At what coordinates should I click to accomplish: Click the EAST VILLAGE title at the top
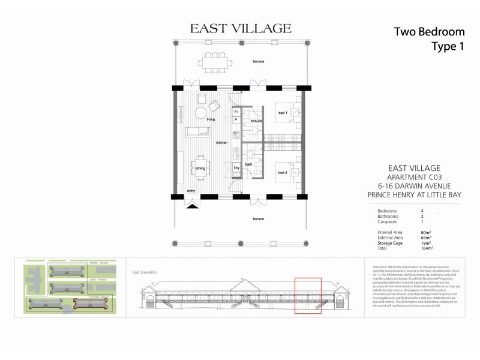pos(240,28)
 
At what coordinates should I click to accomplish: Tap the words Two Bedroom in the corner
pos(429,31)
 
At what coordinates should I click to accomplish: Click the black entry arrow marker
pos(191,206)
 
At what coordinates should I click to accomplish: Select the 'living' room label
pos(211,119)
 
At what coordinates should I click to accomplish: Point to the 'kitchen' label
pos(222,143)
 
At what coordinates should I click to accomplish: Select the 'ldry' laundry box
pos(236,167)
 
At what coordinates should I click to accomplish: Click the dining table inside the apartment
pos(200,168)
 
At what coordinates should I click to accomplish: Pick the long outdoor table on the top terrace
pos(218,61)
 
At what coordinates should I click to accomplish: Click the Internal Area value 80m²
pos(425,232)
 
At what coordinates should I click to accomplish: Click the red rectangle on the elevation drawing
pos(308,296)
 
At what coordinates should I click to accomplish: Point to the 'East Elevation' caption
pos(144,272)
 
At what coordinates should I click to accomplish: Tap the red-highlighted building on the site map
pos(89,305)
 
